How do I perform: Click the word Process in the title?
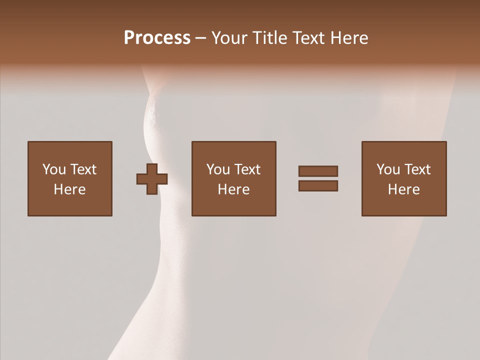click(x=157, y=38)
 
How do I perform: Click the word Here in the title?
click(x=350, y=38)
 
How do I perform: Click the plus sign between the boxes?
click(x=152, y=179)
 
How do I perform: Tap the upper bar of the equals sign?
click(x=318, y=171)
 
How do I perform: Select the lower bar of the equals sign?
click(x=318, y=186)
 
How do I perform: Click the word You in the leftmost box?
click(x=54, y=169)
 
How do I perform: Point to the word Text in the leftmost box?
click(x=83, y=169)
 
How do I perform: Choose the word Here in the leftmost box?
click(x=69, y=189)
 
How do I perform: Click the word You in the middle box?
click(x=218, y=169)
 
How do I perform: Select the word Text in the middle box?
click(x=247, y=169)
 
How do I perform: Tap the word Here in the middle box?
click(x=233, y=189)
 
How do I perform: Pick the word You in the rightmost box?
click(x=388, y=169)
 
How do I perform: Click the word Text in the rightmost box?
click(x=417, y=169)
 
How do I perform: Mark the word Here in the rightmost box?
click(x=403, y=189)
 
